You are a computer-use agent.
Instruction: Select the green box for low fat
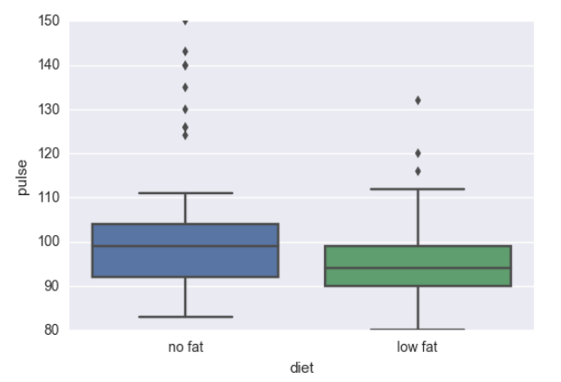[418, 276]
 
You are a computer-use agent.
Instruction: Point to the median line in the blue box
[185, 246]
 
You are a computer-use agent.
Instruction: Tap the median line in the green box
[418, 268]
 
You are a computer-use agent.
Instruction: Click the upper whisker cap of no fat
[185, 192]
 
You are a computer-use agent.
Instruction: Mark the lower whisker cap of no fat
[185, 317]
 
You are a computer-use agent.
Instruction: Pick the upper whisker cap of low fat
[418, 189]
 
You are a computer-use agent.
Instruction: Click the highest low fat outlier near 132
[418, 100]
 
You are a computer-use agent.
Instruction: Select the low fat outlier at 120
[418, 152]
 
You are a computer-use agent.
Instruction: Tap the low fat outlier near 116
[418, 171]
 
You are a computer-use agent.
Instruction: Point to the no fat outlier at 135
[185, 87]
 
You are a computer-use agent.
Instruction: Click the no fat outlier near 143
[185, 51]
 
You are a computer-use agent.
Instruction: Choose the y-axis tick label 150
[48, 21]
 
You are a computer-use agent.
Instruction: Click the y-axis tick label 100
[48, 241]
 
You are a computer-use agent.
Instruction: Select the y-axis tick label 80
[51, 329]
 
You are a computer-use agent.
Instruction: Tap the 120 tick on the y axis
[48, 153]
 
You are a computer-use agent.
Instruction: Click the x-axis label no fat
[185, 347]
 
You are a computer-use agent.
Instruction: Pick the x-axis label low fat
[418, 347]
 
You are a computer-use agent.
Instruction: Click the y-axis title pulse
[22, 176]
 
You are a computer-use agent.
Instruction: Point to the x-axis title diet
[301, 367]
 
